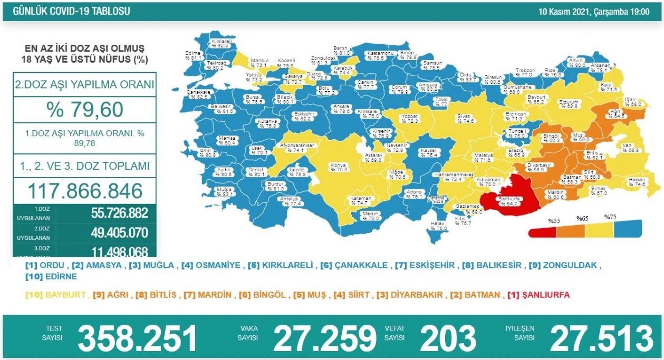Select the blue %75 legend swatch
(628, 228)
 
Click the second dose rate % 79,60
(85, 110)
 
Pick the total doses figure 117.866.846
(85, 190)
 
